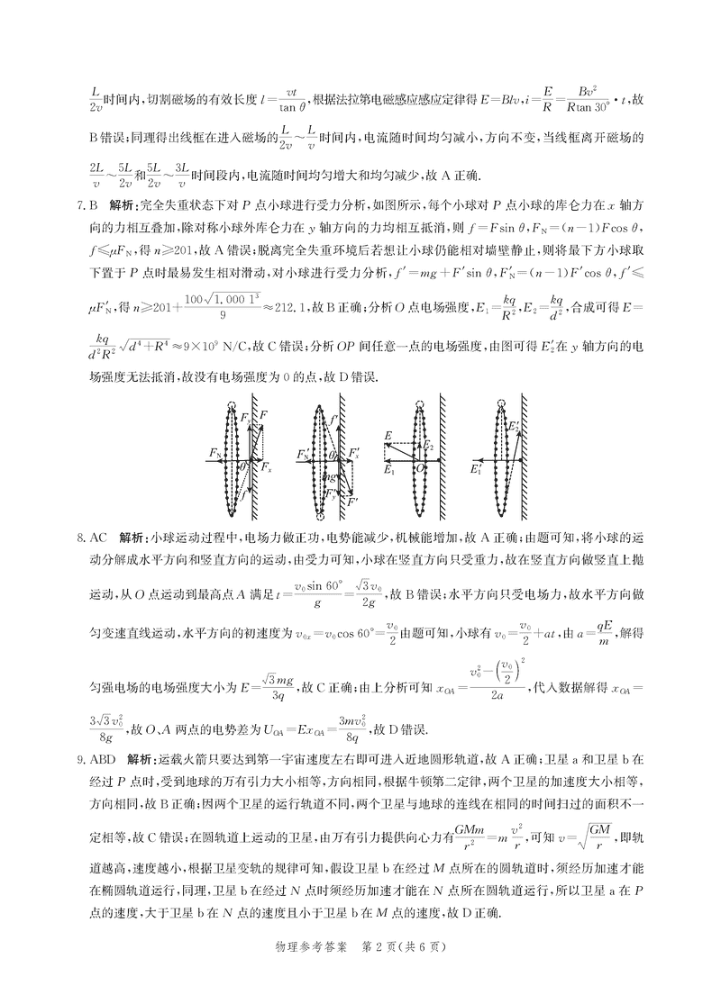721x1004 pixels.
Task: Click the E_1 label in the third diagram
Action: [x=388, y=470]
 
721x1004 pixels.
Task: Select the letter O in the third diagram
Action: [x=420, y=468]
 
